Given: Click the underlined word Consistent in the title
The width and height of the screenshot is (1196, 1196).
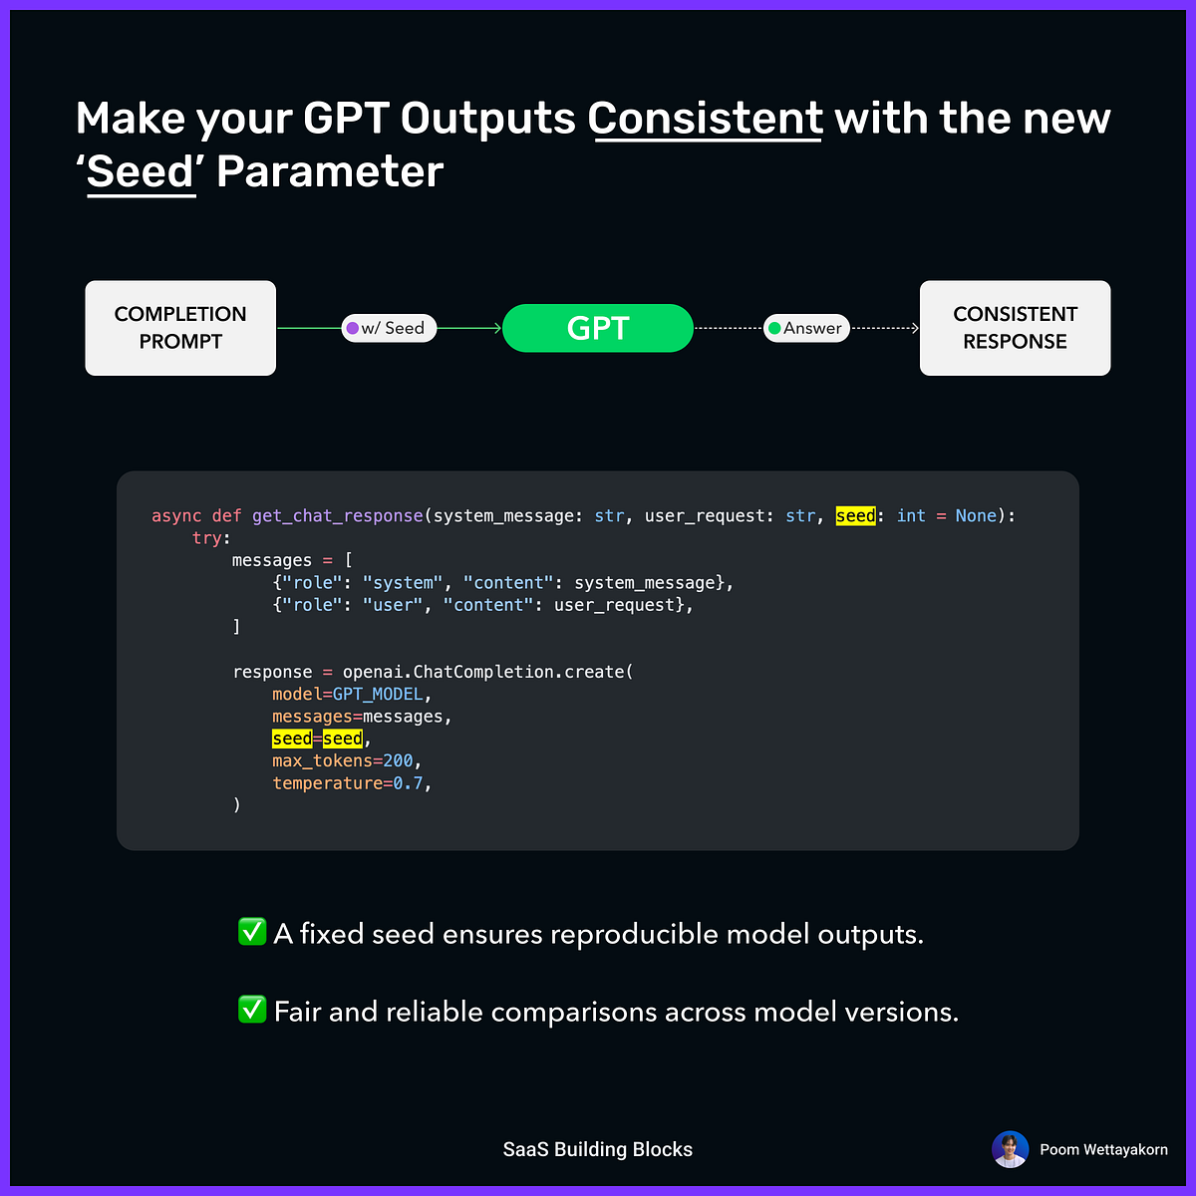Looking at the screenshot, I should pyautogui.click(x=705, y=119).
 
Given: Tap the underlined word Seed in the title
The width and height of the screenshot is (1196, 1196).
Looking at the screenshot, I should pyautogui.click(x=141, y=172).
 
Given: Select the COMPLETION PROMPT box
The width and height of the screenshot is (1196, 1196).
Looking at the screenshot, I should pyautogui.click(x=180, y=328).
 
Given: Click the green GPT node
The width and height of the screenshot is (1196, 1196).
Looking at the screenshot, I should pyautogui.click(x=598, y=328).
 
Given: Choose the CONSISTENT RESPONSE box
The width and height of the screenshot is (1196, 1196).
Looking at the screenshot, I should pyautogui.click(x=1015, y=328).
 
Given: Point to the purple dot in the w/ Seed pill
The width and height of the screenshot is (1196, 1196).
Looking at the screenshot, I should pyautogui.click(x=352, y=328).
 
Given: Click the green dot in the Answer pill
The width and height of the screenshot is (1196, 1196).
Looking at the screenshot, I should pyautogui.click(x=774, y=328).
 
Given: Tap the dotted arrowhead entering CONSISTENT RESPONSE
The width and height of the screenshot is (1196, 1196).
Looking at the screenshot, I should pyautogui.click(x=914, y=328).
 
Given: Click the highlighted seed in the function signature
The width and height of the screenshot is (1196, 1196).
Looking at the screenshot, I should pyautogui.click(x=855, y=515).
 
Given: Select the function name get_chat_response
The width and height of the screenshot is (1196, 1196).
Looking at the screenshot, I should pyautogui.click(x=337, y=515).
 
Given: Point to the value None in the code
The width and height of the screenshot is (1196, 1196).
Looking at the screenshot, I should pyautogui.click(x=976, y=515).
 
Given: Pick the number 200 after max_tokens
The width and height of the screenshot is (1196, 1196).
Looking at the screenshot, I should pyautogui.click(x=398, y=761).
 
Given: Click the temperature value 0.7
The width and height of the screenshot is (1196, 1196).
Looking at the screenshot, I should pyautogui.click(x=408, y=783).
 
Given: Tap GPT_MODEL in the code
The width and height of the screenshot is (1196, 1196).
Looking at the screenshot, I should pyautogui.click(x=377, y=694).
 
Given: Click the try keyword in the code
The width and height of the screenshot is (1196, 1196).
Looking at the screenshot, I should pyautogui.click(x=206, y=538).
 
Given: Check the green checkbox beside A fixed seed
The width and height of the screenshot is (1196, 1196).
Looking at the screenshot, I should pyautogui.click(x=252, y=932).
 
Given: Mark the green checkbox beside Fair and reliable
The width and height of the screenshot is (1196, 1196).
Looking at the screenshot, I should pyautogui.click(x=252, y=1010).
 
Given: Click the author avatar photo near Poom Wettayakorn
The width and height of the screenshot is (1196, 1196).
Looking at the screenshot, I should pyautogui.click(x=1010, y=1149).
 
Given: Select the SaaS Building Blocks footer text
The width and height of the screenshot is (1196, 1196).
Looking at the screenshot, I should pyautogui.click(x=598, y=1149).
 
